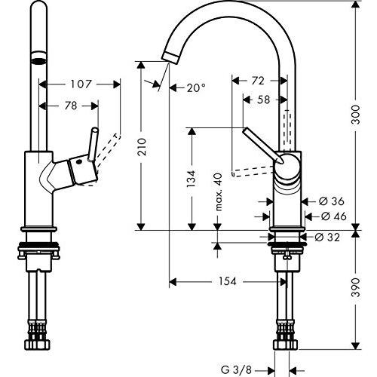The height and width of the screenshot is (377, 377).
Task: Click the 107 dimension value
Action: [81, 84]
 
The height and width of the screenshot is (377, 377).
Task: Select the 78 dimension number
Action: [71, 106]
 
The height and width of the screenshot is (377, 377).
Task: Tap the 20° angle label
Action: [196, 87]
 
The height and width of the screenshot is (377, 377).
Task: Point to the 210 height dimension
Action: [142, 147]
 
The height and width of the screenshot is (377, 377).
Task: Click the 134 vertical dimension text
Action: [192, 179]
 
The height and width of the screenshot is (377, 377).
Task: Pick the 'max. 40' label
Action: [219, 192]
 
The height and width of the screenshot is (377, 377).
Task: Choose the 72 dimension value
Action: [258, 81]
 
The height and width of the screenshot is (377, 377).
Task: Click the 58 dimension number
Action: [263, 100]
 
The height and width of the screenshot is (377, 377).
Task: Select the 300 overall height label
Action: [356, 115]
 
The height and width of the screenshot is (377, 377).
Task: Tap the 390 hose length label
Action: [356, 287]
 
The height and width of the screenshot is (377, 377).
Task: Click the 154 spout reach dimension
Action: [228, 281]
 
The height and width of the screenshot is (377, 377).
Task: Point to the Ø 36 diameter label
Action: [331, 201]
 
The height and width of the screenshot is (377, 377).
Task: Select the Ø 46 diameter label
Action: [334, 216]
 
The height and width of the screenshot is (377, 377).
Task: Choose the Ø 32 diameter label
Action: [327, 237]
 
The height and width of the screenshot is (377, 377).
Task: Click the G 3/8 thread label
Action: [236, 369]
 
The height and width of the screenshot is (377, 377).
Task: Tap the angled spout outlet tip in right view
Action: [170, 57]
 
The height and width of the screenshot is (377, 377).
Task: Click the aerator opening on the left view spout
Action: [38, 61]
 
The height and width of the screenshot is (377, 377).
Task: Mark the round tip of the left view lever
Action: [95, 130]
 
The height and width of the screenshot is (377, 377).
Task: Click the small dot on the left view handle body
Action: [79, 162]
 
